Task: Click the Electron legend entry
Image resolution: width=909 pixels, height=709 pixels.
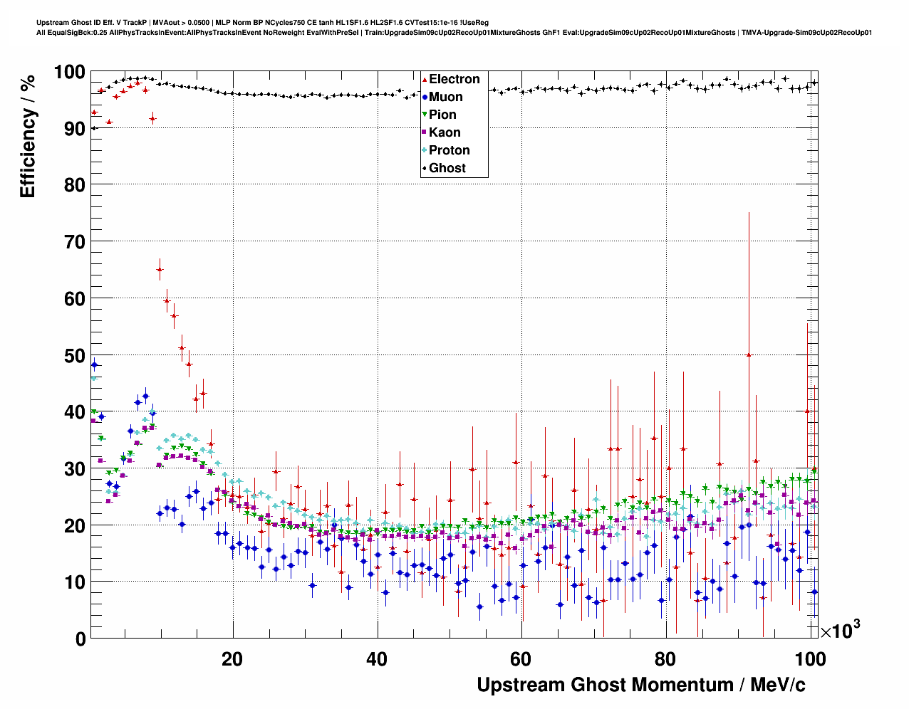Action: tap(454, 79)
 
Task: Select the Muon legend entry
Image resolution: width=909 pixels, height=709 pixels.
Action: tap(445, 97)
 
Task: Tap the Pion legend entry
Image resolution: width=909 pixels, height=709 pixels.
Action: tap(442, 115)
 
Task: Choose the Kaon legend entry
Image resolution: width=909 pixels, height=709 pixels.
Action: tap(444, 132)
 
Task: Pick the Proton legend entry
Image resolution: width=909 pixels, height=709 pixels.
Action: tap(449, 150)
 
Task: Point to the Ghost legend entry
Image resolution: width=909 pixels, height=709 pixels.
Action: tap(447, 168)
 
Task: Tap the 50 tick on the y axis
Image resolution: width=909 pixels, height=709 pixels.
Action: tap(73, 355)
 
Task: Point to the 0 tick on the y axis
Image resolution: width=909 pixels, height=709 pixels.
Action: tap(80, 639)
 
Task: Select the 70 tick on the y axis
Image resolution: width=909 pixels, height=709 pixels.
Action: tap(73, 242)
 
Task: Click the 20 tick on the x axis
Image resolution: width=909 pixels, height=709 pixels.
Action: tap(232, 659)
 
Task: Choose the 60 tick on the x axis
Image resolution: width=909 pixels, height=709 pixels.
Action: tap(521, 659)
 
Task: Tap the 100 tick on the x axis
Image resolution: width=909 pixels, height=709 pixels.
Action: tap(810, 659)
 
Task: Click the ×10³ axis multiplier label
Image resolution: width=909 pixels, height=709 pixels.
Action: tap(840, 630)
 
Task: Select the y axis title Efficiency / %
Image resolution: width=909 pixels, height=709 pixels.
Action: tap(27, 135)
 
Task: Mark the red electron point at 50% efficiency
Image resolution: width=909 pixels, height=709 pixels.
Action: tap(748, 354)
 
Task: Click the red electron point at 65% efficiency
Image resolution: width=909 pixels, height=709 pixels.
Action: tap(160, 269)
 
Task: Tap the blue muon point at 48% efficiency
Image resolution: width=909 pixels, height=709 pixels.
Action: tap(94, 364)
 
